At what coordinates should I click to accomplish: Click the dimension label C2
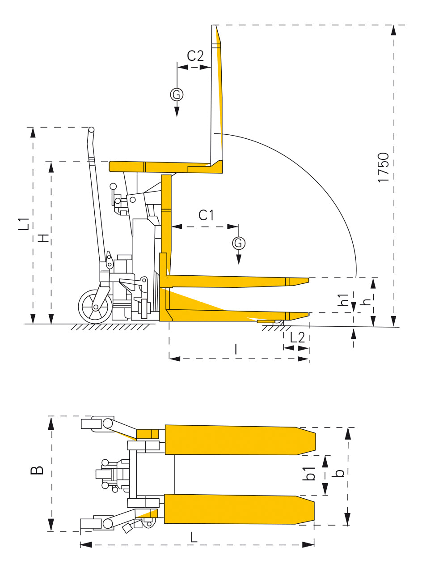(x=195, y=56)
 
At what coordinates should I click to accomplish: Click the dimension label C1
(x=206, y=215)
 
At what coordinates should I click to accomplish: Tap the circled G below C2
(x=177, y=94)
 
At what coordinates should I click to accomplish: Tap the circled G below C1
(x=239, y=243)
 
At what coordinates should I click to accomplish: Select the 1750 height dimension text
(x=383, y=167)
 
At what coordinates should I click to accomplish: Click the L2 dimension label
(x=297, y=337)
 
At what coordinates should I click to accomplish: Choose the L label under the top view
(x=194, y=537)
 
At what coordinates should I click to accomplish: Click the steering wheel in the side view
(x=95, y=307)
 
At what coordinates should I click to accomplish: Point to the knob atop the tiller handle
(x=91, y=130)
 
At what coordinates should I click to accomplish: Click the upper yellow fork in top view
(x=237, y=440)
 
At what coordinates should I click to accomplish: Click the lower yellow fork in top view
(x=237, y=509)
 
